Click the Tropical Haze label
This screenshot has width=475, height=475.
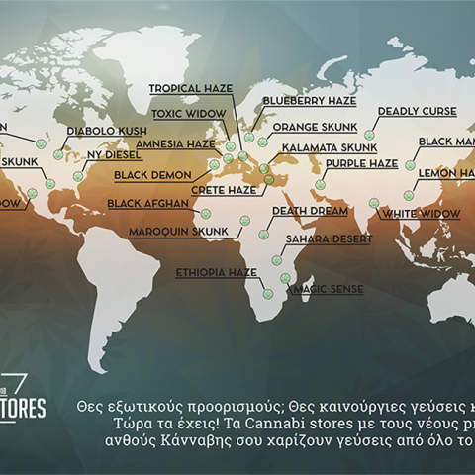click(191, 88)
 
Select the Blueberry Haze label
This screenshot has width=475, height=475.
click(309, 101)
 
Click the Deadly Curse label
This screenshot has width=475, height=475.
click(417, 112)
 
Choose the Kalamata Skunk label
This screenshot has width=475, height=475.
click(318, 146)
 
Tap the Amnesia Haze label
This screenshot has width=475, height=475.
click(175, 142)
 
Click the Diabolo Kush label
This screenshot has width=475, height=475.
click(107, 131)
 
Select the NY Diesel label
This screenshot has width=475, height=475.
click(115, 155)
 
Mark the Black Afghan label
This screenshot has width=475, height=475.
click(144, 205)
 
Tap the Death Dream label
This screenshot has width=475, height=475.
click(310, 211)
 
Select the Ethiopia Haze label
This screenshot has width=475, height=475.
click(216, 270)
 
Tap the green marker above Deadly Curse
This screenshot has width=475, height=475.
click(369, 134)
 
